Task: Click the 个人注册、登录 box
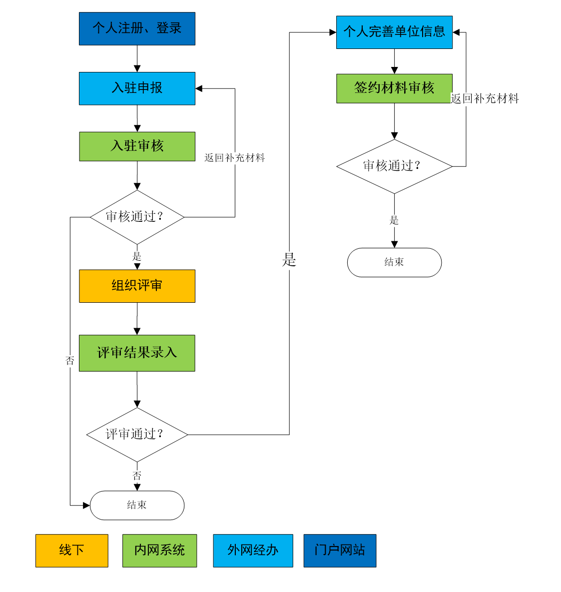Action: (x=137, y=29)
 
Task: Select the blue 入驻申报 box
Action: (x=137, y=88)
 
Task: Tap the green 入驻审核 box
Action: (x=137, y=146)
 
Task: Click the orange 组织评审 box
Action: (x=137, y=286)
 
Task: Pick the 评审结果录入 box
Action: (x=137, y=353)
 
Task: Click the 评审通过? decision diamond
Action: (x=137, y=435)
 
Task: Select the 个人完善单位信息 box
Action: (x=394, y=32)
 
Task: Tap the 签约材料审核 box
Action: (x=394, y=88)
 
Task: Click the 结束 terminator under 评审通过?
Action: (x=137, y=505)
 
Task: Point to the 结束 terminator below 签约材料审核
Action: (x=394, y=262)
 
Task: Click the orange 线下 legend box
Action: (x=71, y=551)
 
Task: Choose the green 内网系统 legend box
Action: (x=159, y=551)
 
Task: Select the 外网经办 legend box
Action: (x=253, y=551)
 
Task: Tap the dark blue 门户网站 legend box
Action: (x=340, y=551)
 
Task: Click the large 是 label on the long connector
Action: (x=289, y=260)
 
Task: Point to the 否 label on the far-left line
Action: (x=70, y=361)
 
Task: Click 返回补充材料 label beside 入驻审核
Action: (x=234, y=158)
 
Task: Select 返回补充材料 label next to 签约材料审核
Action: (x=485, y=99)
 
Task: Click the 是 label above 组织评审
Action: (x=137, y=257)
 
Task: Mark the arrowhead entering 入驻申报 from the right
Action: (x=199, y=88)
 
